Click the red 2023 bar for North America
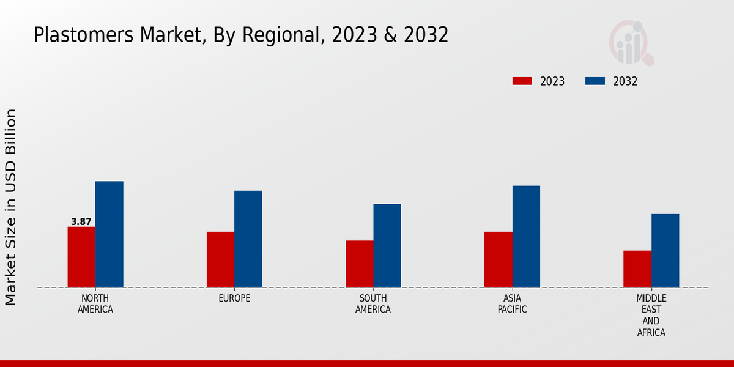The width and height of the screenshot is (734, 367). click(x=81, y=257)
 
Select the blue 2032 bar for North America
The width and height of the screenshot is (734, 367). click(x=109, y=234)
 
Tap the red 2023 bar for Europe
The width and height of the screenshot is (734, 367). click(x=220, y=259)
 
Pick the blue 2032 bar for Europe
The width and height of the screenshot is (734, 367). click(x=248, y=239)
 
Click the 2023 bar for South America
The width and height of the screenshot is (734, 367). click(x=359, y=264)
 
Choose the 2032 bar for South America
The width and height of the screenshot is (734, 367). click(x=387, y=245)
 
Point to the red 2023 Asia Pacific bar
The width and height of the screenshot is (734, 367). click(x=498, y=259)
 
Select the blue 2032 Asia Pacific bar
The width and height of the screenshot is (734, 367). click(x=526, y=236)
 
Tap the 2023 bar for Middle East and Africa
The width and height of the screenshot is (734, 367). click(x=637, y=269)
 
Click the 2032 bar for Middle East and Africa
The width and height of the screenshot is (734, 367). click(x=665, y=250)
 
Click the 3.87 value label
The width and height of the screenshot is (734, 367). click(x=81, y=222)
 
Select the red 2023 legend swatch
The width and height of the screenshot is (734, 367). click(x=522, y=81)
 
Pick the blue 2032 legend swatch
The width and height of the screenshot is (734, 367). click(x=595, y=81)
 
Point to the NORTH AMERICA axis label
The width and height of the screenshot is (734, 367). click(x=95, y=304)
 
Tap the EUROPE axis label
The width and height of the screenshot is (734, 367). click(x=234, y=298)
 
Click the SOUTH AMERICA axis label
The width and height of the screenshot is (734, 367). click(x=373, y=304)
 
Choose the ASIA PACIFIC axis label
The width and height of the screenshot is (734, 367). click(x=512, y=304)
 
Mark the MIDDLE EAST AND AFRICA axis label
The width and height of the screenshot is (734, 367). click(x=651, y=316)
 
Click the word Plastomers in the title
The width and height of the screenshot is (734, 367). click(x=75, y=35)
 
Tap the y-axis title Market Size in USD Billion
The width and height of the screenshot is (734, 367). click(x=11, y=207)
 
